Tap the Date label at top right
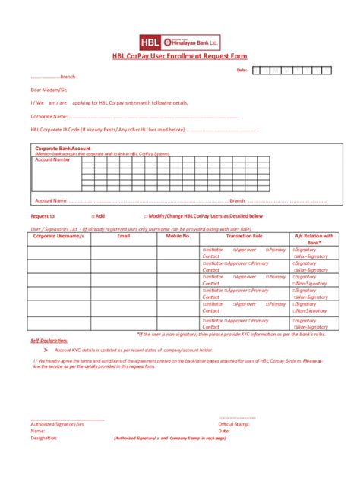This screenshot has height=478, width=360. pos(242,70)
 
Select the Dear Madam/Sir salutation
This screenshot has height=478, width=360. pos(48,90)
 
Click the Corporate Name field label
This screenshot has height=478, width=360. pos(49,116)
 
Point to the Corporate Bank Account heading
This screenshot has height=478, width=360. pos(63,148)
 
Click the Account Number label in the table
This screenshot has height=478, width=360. pos(52,159)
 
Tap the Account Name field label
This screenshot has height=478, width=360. pos(50,200)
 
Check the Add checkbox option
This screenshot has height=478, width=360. pos(98,216)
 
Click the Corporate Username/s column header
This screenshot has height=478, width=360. pos(58,236)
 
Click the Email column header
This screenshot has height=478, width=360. pos(123,236)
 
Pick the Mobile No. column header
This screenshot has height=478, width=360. pos(178,236)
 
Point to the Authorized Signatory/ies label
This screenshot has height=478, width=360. pos(57,423)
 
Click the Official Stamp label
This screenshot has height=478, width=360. pos(234,423)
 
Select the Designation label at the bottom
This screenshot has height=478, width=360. pos(44,438)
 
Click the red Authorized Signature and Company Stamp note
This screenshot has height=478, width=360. pos(169,439)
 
